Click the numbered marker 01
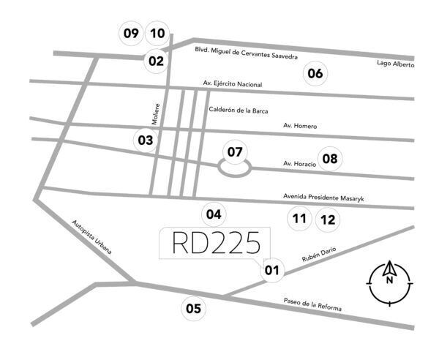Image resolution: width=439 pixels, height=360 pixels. pos(271,271)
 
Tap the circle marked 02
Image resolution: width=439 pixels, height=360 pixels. pos(156,61)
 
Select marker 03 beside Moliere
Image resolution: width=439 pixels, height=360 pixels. pos(145,140)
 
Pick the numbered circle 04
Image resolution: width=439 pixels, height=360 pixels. pos(213,214)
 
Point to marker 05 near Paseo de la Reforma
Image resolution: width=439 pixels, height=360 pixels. pos(193,308)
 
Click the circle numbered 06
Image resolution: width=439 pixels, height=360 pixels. pos(315,73)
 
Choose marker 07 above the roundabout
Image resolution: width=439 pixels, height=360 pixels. pos(234,152)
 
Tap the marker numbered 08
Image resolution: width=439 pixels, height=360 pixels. pos(331,158)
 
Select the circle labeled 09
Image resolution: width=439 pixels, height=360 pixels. pos(131,33)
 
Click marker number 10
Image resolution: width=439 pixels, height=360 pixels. pos(157,33)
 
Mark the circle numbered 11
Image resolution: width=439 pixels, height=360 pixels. pos(299,218)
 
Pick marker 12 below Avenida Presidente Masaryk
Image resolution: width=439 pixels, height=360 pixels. pos(328,219)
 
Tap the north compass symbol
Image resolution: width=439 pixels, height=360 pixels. pos(390,281)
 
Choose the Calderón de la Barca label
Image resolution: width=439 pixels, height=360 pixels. pos(239,110)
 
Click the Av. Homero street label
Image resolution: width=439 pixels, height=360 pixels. pos(300,127)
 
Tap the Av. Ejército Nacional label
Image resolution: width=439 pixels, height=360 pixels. pos(233,84)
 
